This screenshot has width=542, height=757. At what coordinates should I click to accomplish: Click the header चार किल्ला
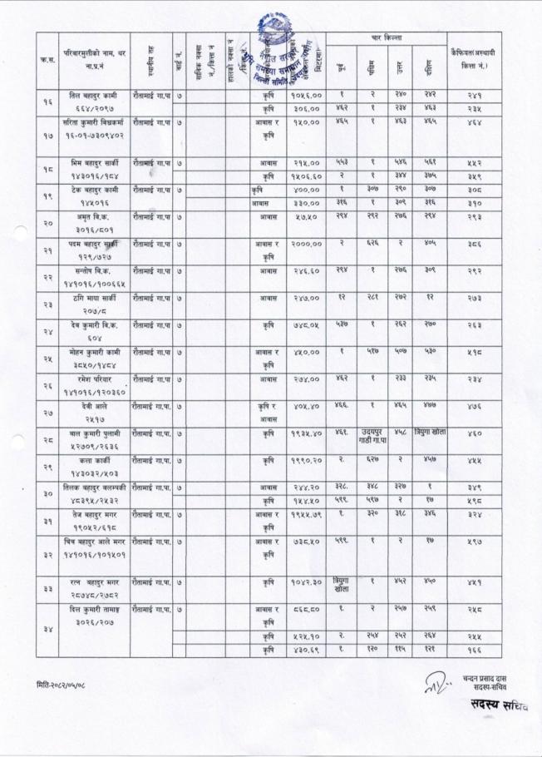pyautogui.click(x=388, y=38)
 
